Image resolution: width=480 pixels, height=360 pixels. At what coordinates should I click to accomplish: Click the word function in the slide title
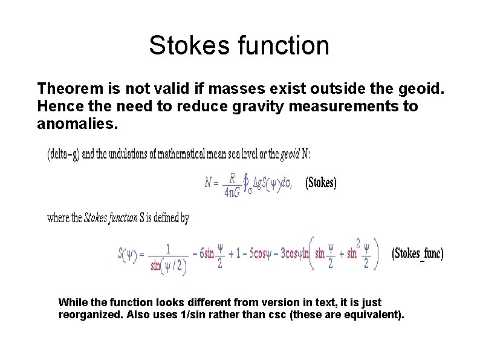point(281,46)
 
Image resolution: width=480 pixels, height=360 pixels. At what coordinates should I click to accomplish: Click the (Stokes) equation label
point(321,182)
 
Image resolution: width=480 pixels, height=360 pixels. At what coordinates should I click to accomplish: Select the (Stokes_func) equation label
point(418,253)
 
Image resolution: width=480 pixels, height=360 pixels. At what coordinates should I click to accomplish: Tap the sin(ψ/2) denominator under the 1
point(167,267)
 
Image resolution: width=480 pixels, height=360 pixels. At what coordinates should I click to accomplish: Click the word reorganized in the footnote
point(88,315)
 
